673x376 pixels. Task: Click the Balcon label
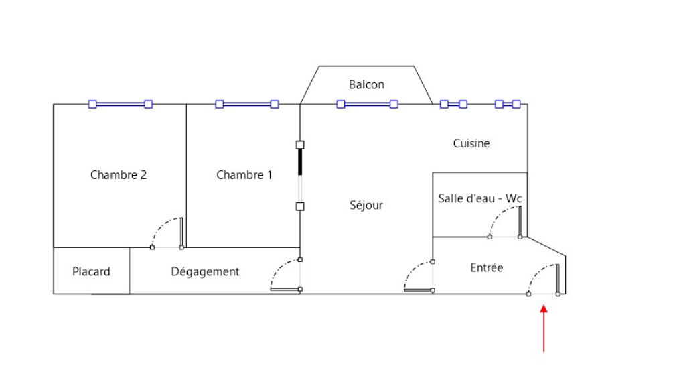click(x=366, y=85)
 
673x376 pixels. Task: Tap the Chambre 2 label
click(x=119, y=175)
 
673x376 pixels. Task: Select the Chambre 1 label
click(x=244, y=175)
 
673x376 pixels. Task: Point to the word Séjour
click(x=366, y=205)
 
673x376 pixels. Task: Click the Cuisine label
click(x=471, y=143)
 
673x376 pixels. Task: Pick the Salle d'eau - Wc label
click(x=479, y=198)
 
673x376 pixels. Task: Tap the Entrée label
click(x=486, y=267)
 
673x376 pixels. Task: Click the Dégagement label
click(x=205, y=271)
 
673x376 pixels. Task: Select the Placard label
click(x=91, y=271)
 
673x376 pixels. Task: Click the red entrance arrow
click(x=544, y=328)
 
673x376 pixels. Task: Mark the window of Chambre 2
click(x=121, y=104)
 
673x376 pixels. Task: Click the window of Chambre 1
click(x=246, y=104)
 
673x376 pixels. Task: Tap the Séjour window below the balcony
click(x=367, y=104)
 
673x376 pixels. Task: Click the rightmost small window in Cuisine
click(x=508, y=104)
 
